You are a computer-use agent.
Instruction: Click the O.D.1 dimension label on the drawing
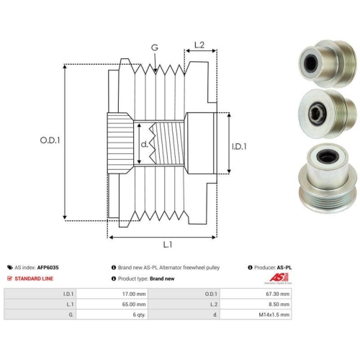click(50, 140)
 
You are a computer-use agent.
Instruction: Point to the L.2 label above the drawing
click(199, 45)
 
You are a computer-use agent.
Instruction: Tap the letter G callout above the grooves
click(155, 48)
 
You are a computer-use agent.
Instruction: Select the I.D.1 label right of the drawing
click(239, 146)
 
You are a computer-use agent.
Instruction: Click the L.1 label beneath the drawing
click(168, 245)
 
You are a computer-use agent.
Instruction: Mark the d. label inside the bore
click(145, 144)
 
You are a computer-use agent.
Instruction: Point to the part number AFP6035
click(48, 267)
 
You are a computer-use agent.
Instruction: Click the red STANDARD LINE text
click(34, 279)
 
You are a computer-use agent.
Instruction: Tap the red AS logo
click(279, 279)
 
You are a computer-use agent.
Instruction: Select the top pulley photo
click(327, 63)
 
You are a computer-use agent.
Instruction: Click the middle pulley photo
click(327, 114)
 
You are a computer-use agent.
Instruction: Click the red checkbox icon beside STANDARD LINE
click(9, 279)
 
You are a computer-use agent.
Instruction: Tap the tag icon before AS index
click(10, 267)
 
